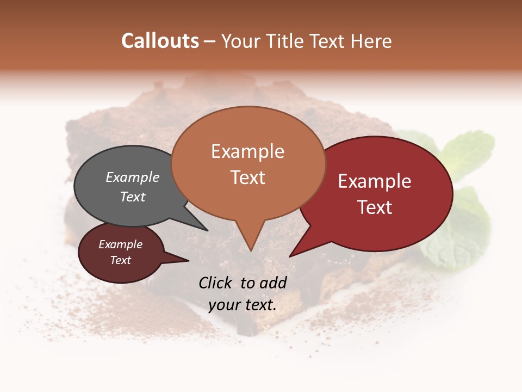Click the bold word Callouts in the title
tap(160, 41)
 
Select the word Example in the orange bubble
tap(247, 151)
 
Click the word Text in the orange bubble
tap(247, 177)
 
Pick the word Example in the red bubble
tap(375, 181)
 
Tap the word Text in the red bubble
tap(375, 207)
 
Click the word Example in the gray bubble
tap(133, 177)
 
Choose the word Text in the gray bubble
tap(133, 197)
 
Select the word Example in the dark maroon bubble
tap(121, 244)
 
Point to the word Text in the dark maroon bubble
tap(121, 260)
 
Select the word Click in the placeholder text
tap(216, 283)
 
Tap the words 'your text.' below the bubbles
tap(243, 305)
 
